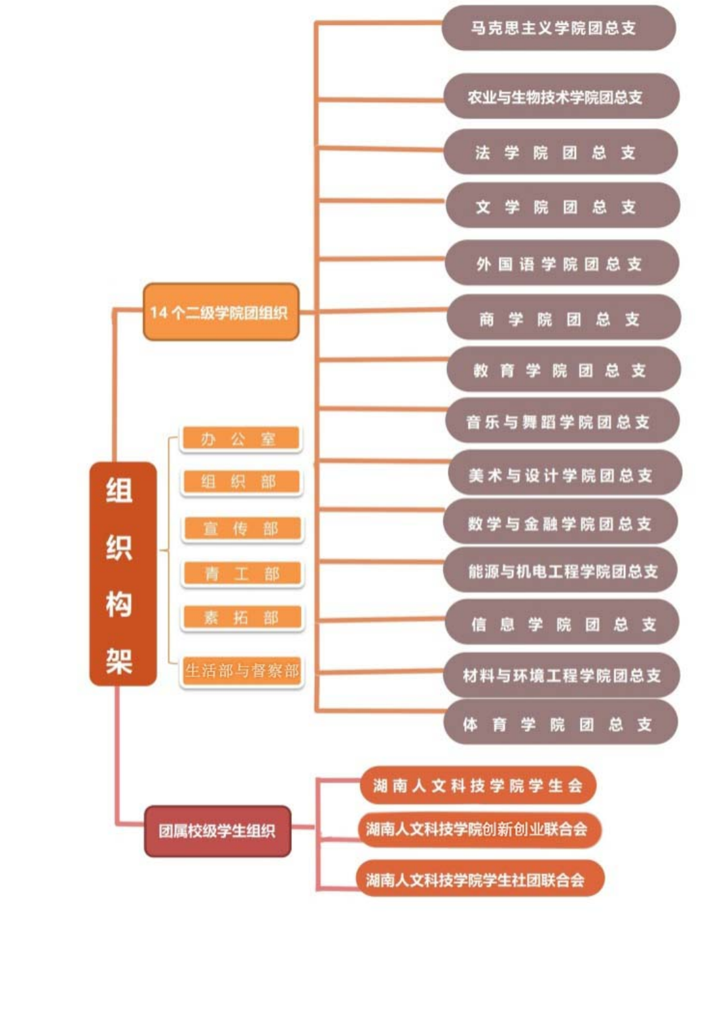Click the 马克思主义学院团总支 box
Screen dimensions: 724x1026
click(558, 28)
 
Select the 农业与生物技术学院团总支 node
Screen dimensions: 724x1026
click(562, 96)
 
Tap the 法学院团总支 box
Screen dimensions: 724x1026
click(560, 152)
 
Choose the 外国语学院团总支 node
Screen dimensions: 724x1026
click(562, 263)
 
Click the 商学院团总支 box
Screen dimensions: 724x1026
click(564, 318)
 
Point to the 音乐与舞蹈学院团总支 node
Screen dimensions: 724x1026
click(562, 420)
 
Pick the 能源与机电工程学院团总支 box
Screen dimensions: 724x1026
click(560, 570)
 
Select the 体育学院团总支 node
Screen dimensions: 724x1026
click(560, 724)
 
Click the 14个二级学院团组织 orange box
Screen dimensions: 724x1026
click(221, 312)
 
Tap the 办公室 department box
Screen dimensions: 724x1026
click(241, 438)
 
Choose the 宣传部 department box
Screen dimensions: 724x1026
click(242, 528)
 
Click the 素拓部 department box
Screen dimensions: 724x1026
click(242, 617)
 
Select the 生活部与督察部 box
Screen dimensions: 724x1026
click(242, 671)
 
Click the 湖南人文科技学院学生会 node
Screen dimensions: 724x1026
click(478, 786)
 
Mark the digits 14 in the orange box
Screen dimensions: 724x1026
click(159, 312)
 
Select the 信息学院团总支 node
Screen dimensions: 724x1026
click(562, 622)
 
